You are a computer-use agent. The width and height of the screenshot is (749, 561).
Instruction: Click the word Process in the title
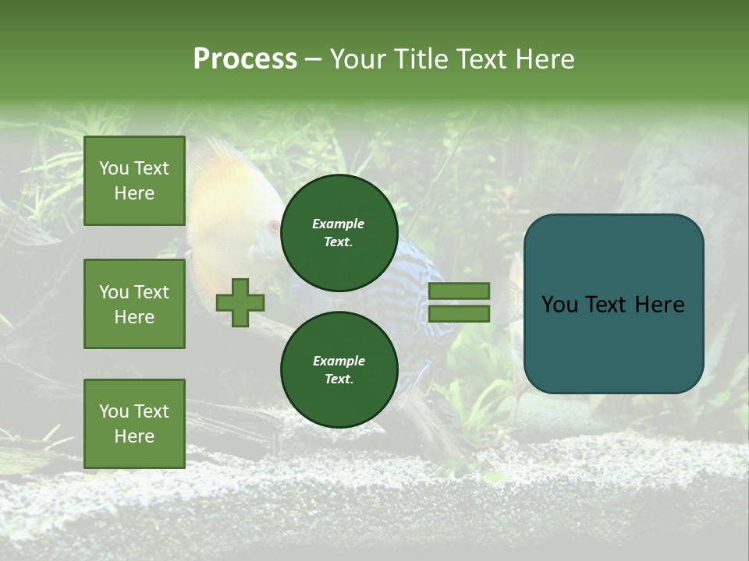coord(245,59)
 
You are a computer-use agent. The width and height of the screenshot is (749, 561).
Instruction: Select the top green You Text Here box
coord(134,181)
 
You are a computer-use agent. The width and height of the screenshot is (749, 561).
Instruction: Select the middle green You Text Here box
coord(134,304)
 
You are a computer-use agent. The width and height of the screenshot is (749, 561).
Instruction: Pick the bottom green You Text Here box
coord(134,424)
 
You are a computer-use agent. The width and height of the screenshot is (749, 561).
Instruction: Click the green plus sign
coord(240,303)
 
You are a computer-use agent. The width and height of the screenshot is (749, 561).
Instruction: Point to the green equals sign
coord(459,302)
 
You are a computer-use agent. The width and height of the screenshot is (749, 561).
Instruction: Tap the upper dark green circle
coord(339,233)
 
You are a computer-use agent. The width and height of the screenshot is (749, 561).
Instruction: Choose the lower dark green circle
coord(339,370)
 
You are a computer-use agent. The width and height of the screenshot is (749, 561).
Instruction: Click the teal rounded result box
coord(613,304)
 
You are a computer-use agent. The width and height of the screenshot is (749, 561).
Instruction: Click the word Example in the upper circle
coord(338,224)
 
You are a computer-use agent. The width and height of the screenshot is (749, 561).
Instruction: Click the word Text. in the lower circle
coord(339,379)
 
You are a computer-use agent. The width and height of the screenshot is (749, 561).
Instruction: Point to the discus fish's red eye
coord(273,228)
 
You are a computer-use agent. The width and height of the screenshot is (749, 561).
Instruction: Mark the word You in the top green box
coord(114,168)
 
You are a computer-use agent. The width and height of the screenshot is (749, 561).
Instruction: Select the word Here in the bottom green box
coord(134,436)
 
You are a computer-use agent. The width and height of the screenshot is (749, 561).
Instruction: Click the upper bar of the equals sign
coord(459,291)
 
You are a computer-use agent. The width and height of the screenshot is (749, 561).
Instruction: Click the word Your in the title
coord(355,59)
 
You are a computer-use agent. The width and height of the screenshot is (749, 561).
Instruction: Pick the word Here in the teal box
coord(659,305)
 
